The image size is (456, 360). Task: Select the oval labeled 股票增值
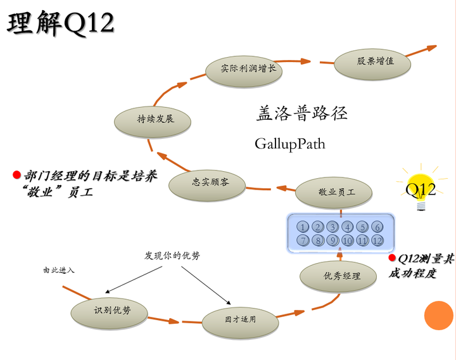375,61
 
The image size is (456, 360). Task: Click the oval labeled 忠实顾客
210,183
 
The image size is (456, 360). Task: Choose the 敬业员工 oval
336,192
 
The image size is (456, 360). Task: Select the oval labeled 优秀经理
341,276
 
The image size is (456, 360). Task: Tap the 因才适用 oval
240,319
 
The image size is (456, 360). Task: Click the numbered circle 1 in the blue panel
303,227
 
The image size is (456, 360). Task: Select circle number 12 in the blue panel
377,241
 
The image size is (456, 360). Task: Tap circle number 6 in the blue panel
377,227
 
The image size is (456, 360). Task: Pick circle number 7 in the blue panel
303,241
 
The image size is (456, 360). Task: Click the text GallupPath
289,144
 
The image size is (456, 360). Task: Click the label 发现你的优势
172,256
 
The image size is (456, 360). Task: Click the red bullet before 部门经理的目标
16,174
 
